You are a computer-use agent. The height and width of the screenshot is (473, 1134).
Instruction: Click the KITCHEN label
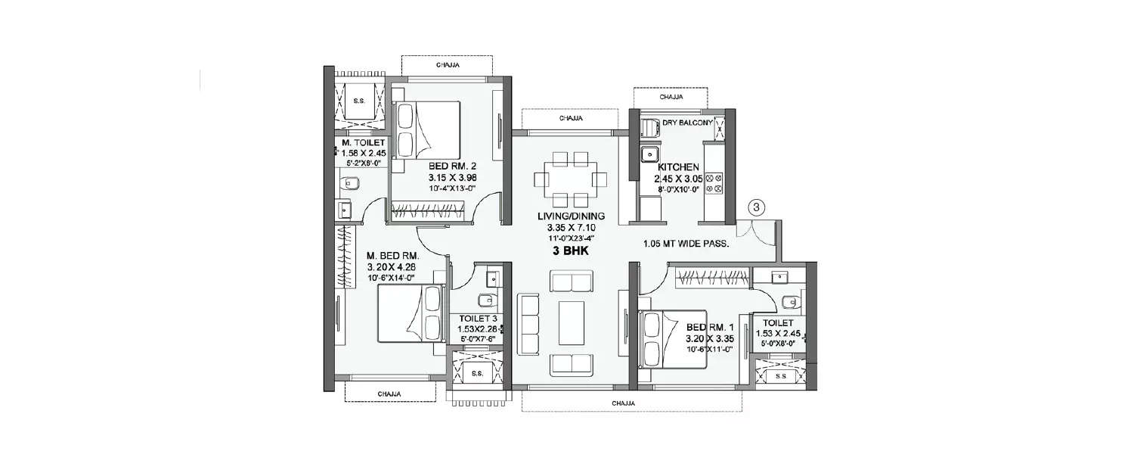coord(677,167)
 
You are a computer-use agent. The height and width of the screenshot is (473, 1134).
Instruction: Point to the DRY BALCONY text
coord(688,123)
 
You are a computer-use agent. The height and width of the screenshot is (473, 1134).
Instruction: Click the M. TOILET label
coord(364,142)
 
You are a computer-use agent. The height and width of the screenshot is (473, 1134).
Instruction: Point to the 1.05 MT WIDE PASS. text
coord(686,244)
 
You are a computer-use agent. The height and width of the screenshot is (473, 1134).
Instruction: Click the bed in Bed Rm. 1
coord(673,339)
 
